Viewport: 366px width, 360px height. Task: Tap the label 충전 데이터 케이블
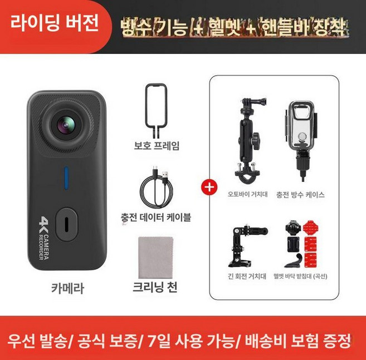pos(156,216)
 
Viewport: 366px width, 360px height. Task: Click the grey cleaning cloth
pos(155,258)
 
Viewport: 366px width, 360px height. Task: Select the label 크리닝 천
pos(156,289)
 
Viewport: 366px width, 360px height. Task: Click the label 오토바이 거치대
pos(248,195)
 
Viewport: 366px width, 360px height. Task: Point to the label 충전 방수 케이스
pos(300,195)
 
